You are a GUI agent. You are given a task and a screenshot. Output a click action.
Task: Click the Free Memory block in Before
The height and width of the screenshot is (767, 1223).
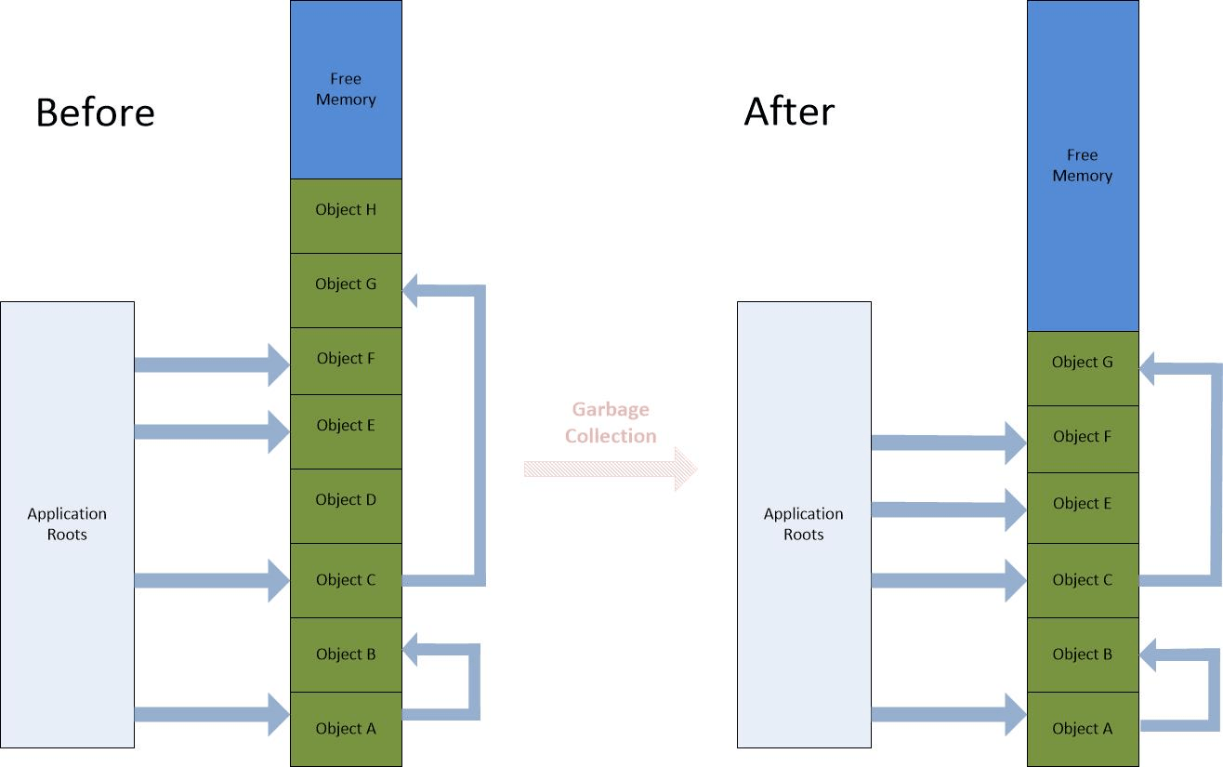(x=346, y=89)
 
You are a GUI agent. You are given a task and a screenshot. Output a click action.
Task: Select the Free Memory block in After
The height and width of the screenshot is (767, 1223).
(x=1083, y=165)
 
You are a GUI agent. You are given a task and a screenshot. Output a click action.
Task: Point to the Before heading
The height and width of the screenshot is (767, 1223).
(x=95, y=112)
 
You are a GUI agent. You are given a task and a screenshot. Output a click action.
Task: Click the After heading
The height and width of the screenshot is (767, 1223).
(x=789, y=112)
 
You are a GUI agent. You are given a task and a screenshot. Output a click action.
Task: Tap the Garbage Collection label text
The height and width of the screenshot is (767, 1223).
(x=611, y=423)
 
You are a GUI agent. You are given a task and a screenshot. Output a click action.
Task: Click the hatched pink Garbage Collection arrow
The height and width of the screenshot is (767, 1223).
(x=611, y=469)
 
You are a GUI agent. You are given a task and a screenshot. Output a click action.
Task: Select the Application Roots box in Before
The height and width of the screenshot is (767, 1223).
(x=67, y=524)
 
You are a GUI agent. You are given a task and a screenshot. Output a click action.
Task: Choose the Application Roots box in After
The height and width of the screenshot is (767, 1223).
(x=804, y=524)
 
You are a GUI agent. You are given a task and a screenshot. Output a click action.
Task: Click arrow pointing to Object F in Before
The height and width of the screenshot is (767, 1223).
(x=212, y=364)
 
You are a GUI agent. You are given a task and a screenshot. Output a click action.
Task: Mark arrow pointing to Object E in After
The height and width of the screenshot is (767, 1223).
(x=948, y=509)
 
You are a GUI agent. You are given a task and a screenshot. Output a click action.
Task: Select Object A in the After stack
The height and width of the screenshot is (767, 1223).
(x=1083, y=729)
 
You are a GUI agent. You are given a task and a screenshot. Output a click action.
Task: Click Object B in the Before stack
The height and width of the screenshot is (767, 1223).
(x=346, y=655)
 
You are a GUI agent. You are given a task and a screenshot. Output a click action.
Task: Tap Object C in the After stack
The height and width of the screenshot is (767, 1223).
(x=1083, y=580)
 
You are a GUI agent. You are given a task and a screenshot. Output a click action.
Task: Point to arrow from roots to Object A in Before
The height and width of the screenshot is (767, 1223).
(x=212, y=714)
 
